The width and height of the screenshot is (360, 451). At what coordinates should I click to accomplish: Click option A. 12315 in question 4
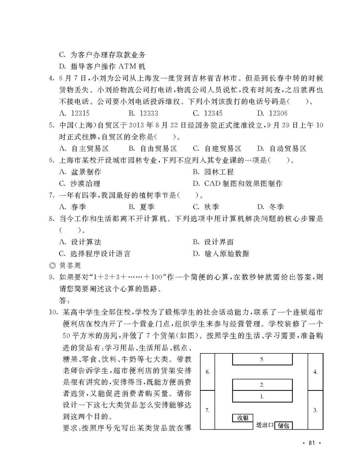74,113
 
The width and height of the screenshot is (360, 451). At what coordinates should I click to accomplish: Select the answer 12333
143,113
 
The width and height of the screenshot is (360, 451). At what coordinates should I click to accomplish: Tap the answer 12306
272,113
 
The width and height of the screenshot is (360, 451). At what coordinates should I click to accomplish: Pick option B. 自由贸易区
153,149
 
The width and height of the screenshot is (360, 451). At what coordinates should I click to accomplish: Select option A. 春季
72,207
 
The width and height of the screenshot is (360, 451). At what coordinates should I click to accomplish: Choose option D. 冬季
270,207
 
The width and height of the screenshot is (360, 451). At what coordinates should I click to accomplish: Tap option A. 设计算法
80,242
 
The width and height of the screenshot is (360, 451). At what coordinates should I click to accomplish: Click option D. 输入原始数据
221,254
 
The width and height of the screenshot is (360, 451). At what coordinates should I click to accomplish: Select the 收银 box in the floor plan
243,418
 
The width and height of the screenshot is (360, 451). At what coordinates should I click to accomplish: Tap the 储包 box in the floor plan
283,425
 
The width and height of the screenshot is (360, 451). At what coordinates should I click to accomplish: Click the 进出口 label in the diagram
265,425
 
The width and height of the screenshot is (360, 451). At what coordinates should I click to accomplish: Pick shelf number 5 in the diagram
262,359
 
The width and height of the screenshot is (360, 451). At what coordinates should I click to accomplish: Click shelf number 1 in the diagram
262,396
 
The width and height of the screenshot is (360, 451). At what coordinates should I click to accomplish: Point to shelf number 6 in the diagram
208,372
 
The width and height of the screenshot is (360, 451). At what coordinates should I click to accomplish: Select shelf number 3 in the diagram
315,410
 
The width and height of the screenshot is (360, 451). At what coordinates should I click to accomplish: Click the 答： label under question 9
65,300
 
